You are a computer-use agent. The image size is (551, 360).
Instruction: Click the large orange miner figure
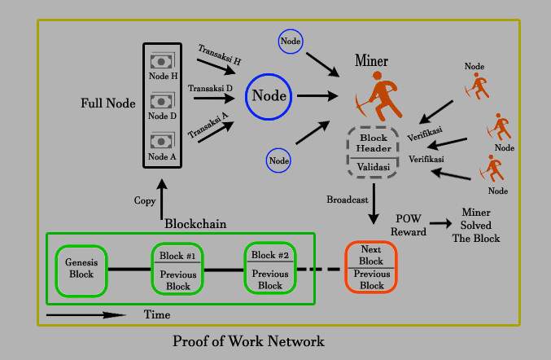pyautogui.click(x=378, y=96)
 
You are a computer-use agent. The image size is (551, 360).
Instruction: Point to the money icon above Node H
pyautogui.click(x=162, y=60)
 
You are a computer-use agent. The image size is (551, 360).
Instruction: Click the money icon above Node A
pyautogui.click(x=162, y=140)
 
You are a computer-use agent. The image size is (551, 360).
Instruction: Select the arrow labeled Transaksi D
pyautogui.click(x=214, y=98)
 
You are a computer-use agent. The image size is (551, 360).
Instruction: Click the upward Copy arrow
pyautogui.click(x=162, y=200)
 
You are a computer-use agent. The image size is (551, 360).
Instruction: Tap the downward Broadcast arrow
pyautogui.click(x=374, y=204)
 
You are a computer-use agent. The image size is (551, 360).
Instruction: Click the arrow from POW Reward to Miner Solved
pyautogui.click(x=440, y=223)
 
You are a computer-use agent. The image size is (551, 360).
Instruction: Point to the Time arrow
pyautogui.click(x=85, y=315)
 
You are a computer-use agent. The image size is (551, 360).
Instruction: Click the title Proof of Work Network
pyautogui.click(x=248, y=341)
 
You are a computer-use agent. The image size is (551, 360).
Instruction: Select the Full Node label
pyautogui.click(x=108, y=103)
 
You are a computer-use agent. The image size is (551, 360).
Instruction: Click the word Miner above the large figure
pyautogui.click(x=371, y=60)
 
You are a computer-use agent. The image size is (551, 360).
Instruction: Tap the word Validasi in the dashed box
pyautogui.click(x=374, y=167)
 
